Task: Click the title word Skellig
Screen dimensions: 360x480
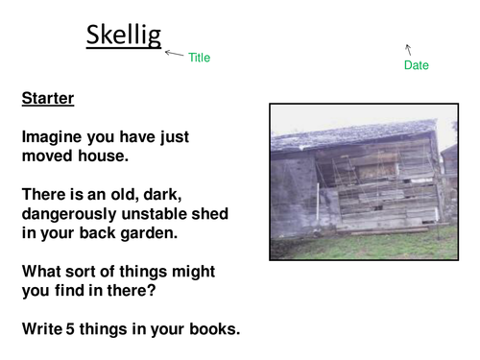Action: (x=123, y=35)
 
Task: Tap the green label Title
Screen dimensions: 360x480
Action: (x=199, y=58)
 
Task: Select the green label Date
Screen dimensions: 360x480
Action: (x=417, y=65)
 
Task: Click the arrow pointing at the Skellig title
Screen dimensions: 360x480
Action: (x=174, y=54)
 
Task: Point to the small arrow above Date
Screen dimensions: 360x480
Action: (x=409, y=47)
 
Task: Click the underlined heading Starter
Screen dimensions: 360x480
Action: (x=48, y=98)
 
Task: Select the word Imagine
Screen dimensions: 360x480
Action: (x=56, y=137)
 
